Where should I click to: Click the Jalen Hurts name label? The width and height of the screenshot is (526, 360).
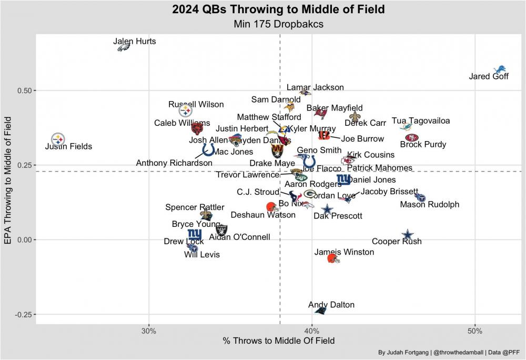pyautogui.click(x=135, y=41)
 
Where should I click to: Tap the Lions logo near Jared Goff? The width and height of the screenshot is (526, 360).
pyautogui.click(x=500, y=70)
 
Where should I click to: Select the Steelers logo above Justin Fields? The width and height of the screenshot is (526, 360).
pyautogui.click(x=58, y=139)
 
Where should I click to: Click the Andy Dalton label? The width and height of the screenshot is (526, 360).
pyautogui.click(x=331, y=305)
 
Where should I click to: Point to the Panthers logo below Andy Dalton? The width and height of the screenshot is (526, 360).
pyautogui.click(x=320, y=311)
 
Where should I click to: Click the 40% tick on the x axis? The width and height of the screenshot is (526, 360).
pyautogui.click(x=312, y=331)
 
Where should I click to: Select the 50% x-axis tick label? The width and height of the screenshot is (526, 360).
pyautogui.click(x=474, y=331)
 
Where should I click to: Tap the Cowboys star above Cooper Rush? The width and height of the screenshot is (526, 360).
pyautogui.click(x=408, y=235)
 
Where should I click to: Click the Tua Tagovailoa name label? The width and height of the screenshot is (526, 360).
pyautogui.click(x=421, y=121)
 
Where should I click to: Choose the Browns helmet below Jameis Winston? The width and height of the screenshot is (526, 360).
pyautogui.click(x=333, y=258)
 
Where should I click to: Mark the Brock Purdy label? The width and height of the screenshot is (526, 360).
pyautogui.click(x=423, y=145)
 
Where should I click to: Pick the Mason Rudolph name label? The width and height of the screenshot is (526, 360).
pyautogui.click(x=430, y=205)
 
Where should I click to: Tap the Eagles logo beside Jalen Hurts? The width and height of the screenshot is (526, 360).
pyautogui.click(x=124, y=48)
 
